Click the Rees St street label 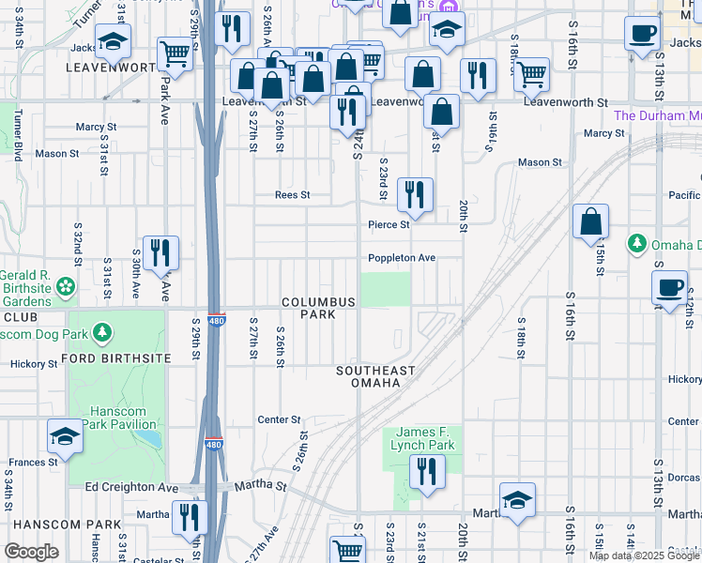point(292,195)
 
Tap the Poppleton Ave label point(402,258)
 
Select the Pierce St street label point(389,225)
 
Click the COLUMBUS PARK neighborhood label point(319,308)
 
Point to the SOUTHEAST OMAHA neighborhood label point(376,377)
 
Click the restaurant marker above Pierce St point(415,194)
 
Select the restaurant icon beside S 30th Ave point(160,252)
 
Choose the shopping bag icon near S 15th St point(591,222)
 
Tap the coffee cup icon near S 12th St point(670,288)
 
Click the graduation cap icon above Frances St point(65,435)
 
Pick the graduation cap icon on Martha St point(517,501)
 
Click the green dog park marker point(102,333)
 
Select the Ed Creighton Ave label point(131,487)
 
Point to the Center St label point(279,419)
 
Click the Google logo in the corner point(31,552)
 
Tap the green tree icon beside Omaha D point(637,245)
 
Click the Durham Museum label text point(657,115)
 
